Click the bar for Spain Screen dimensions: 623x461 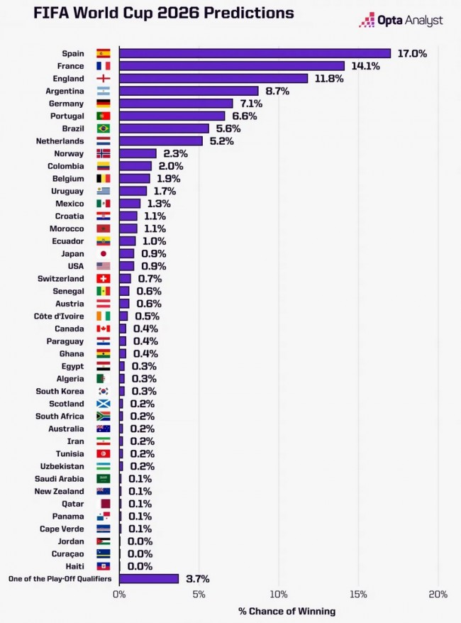coord(255,53)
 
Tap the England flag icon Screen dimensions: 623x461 coord(103,79)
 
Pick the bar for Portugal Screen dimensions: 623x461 coord(172,116)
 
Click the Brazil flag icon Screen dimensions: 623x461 coord(103,128)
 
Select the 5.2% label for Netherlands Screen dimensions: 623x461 coord(220,141)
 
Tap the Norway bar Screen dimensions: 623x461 coord(138,153)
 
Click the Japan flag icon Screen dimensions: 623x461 coord(103,253)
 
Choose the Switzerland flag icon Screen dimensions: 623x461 coord(103,279)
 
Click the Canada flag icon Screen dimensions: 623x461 coord(103,329)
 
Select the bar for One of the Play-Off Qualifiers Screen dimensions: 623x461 coord(149,579)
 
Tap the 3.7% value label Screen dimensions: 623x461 coord(196,579)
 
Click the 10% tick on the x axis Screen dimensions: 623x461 coord(279,595)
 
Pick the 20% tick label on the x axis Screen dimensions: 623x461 coord(438,595)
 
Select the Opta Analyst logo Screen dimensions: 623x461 coord(401,21)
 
